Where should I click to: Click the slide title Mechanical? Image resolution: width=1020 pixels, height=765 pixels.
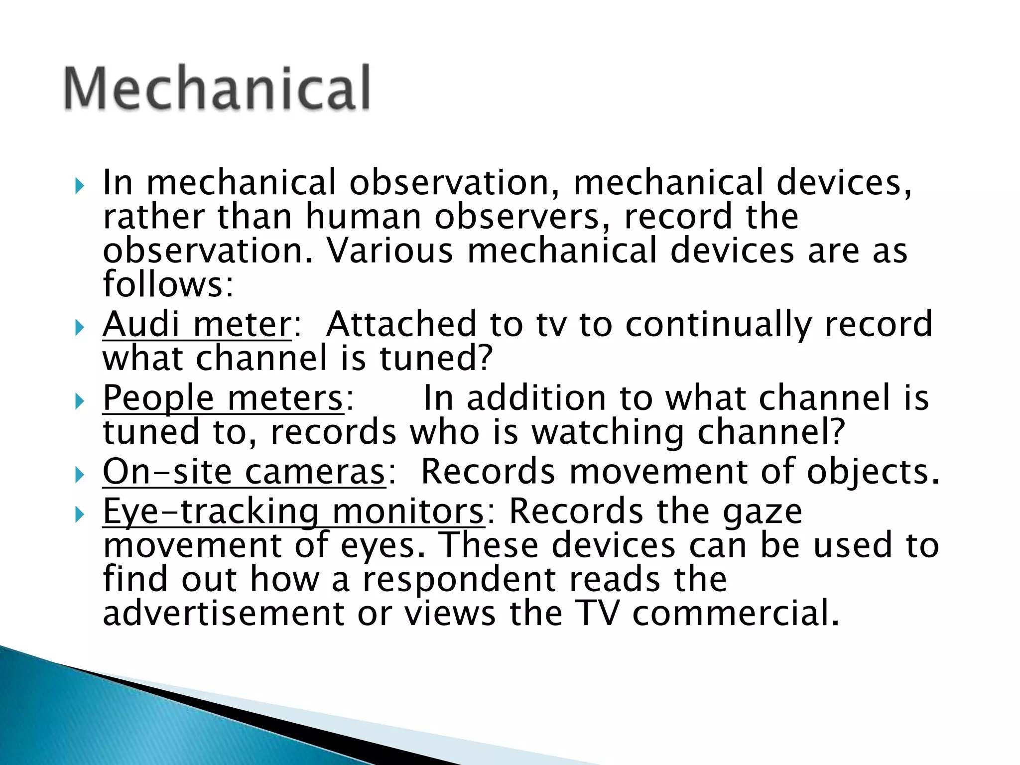tap(217, 88)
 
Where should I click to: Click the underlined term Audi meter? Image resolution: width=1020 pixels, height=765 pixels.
tap(197, 324)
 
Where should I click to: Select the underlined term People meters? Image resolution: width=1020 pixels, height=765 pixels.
tap(223, 398)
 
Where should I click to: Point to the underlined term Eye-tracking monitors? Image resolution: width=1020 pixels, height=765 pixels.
tap(293, 511)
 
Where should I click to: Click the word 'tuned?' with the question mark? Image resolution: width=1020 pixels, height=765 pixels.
tap(436, 358)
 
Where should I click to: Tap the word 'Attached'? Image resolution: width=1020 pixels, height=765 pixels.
tap(401, 324)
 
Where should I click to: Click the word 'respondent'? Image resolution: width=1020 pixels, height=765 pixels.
tap(459, 579)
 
